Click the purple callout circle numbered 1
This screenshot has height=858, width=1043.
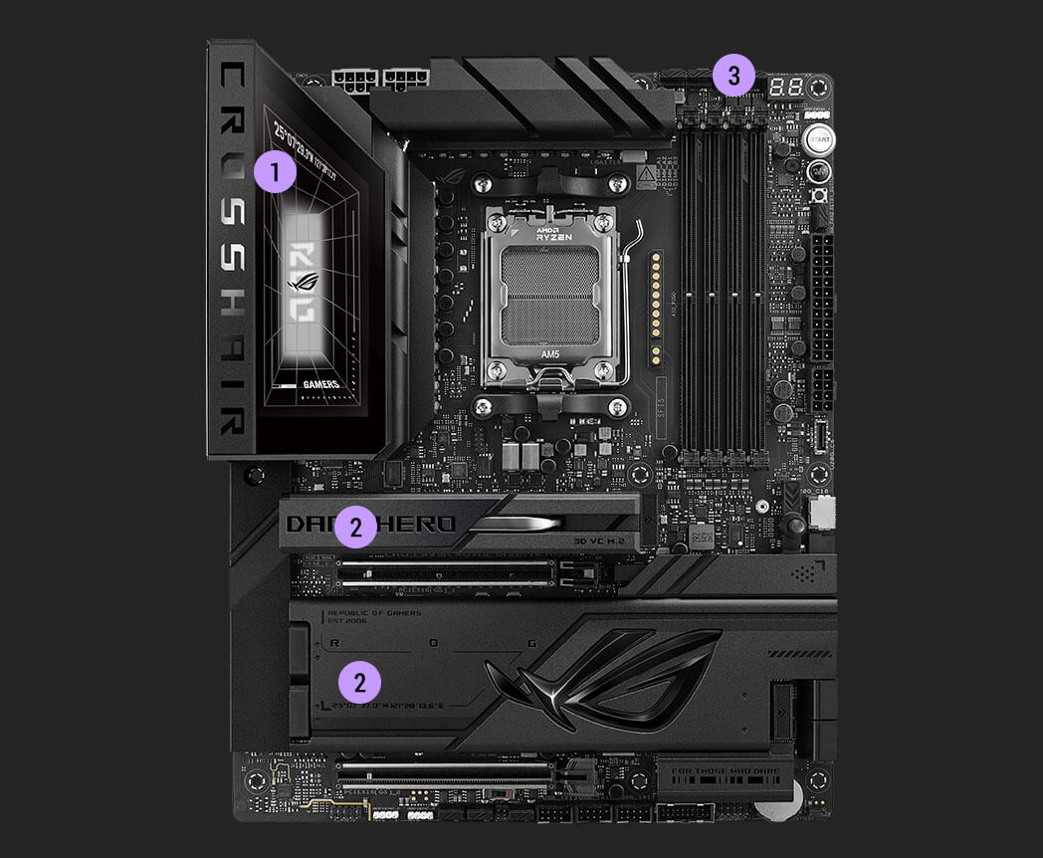tap(275, 171)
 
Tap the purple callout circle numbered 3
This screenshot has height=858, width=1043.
tap(734, 76)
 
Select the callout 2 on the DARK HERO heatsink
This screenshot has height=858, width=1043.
tap(355, 526)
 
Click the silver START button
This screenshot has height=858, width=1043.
tap(818, 139)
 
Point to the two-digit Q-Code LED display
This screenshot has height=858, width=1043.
tap(787, 88)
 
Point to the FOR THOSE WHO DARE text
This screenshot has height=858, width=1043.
tap(725, 769)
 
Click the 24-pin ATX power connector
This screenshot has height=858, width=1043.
tap(822, 298)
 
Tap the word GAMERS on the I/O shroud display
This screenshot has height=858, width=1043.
tap(319, 384)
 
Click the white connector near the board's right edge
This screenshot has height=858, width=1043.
tap(822, 512)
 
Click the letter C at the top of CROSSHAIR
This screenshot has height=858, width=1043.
tap(230, 78)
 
